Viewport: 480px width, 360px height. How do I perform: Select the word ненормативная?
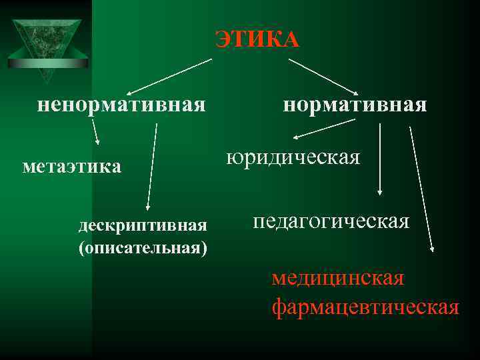[x=121, y=105]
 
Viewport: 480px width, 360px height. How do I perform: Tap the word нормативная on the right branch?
[x=355, y=105]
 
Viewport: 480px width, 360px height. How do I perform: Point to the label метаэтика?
[x=72, y=165]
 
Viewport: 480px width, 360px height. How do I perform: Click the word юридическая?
[x=293, y=157]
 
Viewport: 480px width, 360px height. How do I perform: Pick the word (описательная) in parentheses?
[x=142, y=248]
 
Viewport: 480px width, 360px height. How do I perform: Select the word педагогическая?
[x=331, y=221]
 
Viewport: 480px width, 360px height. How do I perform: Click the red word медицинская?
[x=337, y=277]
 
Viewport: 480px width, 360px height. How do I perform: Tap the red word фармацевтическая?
[x=365, y=307]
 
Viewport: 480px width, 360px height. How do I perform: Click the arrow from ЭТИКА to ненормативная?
[x=169, y=76]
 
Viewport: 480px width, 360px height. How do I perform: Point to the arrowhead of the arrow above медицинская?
[x=432, y=248]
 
